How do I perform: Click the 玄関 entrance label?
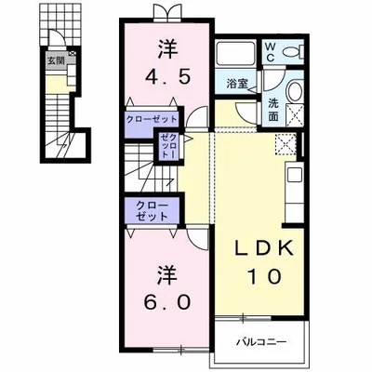point(56,60)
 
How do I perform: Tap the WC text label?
point(270,52)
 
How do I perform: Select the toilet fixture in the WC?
point(294,51)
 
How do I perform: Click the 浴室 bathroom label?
point(237,84)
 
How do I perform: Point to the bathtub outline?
point(235,53)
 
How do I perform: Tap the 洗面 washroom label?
point(273,110)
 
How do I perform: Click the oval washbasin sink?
point(295,91)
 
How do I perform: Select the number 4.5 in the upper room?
point(167,77)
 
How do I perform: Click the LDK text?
point(263,248)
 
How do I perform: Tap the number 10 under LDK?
point(265,276)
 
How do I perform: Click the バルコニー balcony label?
point(261,342)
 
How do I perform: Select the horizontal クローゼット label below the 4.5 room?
point(151,119)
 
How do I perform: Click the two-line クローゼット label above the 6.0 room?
point(153,211)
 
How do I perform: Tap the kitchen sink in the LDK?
point(294,176)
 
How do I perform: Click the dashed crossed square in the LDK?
point(286,143)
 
